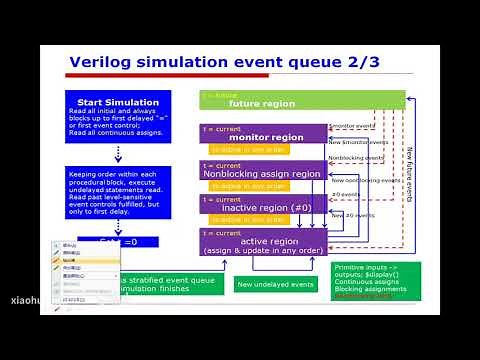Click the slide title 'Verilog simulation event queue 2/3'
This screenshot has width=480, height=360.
(226, 64)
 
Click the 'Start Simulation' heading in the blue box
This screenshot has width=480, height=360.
(118, 102)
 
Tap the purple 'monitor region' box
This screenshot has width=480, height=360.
(263, 135)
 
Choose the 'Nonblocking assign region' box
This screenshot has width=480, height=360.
(263, 172)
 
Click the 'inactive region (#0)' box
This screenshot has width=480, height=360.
(263, 207)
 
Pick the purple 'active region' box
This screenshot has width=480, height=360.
(263, 241)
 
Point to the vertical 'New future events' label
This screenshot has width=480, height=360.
(409, 174)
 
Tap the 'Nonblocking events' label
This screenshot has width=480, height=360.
(355, 158)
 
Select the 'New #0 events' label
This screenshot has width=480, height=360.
(351, 215)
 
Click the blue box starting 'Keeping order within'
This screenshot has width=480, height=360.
(118, 189)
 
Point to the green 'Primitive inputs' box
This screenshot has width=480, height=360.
(376, 281)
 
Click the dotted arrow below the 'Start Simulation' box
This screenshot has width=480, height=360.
(118, 154)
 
